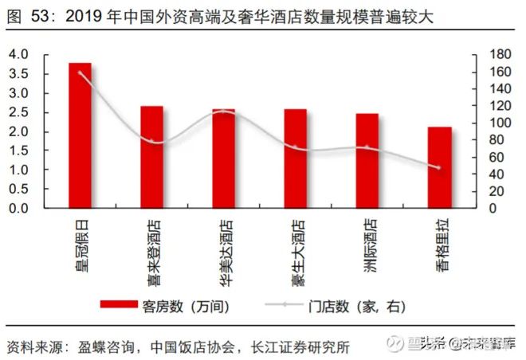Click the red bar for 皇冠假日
coord(80,135)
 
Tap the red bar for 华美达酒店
coord(223,158)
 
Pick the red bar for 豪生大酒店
coord(295,158)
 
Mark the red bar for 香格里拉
coord(438,167)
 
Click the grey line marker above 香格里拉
coord(438,167)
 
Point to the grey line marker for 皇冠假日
coord(80,72)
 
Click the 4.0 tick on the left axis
coord(18,54)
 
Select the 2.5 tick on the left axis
coord(18,112)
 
